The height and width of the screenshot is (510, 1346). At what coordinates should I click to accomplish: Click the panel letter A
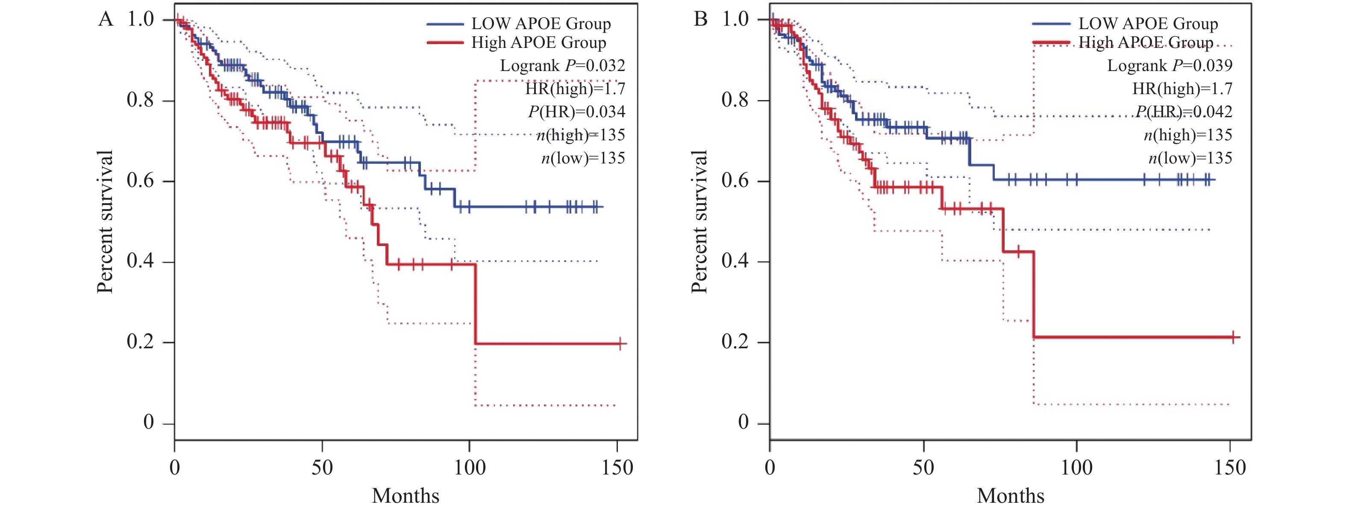coord(106,19)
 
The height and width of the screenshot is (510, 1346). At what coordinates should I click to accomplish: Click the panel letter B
coord(700,19)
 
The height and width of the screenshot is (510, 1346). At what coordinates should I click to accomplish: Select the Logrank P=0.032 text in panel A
coord(562,66)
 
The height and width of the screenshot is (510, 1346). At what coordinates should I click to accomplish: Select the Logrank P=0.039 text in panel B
coord(1170,66)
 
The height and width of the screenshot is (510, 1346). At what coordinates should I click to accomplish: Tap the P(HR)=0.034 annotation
coord(576,112)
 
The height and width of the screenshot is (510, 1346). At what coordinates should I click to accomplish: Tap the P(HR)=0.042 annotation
coord(1184,112)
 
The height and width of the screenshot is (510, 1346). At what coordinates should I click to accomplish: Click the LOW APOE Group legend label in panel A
coord(541,24)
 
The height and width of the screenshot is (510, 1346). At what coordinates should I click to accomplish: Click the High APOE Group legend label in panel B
coord(1146,42)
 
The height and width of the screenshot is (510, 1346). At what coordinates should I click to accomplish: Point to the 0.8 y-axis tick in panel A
coord(140,100)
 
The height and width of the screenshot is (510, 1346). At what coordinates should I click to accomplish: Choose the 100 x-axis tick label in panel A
coord(470,467)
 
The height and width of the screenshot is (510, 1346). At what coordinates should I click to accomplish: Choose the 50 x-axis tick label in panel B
coord(923,467)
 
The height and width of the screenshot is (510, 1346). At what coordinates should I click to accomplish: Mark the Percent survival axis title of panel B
coord(699,221)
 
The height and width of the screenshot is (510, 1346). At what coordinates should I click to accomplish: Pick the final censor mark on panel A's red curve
coord(620,344)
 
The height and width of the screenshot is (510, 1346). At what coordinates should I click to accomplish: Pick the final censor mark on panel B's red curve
coord(1233,338)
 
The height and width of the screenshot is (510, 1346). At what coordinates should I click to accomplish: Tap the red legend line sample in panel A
coord(445,42)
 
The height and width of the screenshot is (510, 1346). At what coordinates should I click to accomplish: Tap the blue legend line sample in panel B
coord(1051,24)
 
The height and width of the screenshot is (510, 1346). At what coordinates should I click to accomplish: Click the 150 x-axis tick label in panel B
coord(1230,467)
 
